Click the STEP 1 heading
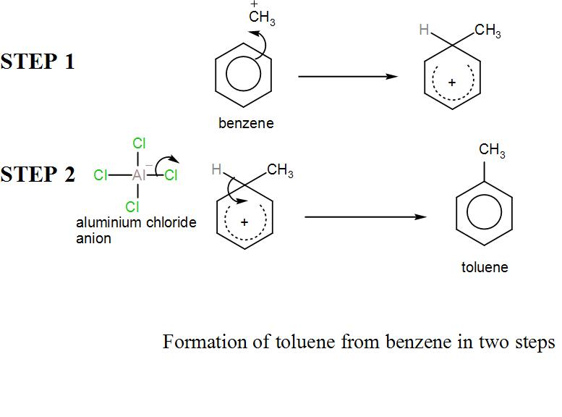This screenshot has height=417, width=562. coord(38,62)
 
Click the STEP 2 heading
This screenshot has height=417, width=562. coord(38,174)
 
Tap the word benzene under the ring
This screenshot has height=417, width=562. coord(246,123)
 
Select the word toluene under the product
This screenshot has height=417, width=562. coord(485,267)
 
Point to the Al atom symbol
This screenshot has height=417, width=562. coord(140,174)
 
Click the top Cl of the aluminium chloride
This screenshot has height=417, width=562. coord(139,143)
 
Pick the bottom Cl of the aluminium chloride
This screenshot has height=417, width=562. coord(132,207)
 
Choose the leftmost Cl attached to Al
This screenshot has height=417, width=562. coord(101,174)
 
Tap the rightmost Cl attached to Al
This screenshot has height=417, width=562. coord(171,174)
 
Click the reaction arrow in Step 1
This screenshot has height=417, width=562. coord(347,76)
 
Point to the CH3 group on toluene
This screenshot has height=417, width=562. coord(492,151)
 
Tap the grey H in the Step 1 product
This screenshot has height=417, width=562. coord(425,30)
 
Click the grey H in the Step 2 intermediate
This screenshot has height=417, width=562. coord(216,170)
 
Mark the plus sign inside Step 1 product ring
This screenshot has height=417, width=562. coord(452,83)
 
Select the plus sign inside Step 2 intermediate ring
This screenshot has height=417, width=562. coord(244,222)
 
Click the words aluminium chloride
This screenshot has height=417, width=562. coord(136,222)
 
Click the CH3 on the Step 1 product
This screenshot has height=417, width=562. coord(488,31)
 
